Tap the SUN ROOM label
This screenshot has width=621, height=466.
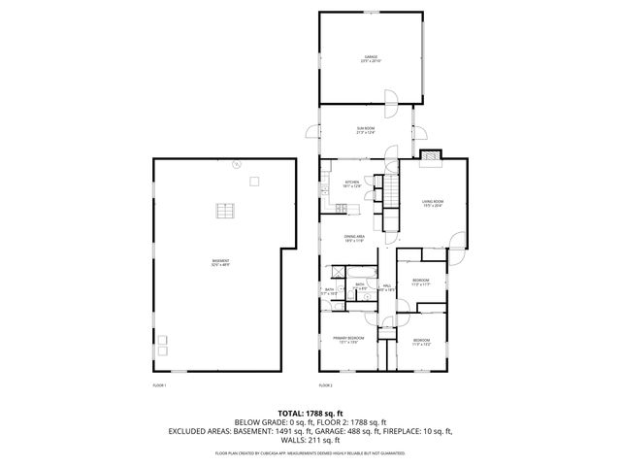[365, 130]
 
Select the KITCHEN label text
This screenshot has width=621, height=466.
[352, 183]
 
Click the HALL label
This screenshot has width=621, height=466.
[386, 286]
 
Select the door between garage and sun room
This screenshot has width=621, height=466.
[388, 99]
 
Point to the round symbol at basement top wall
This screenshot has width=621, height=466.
[235, 166]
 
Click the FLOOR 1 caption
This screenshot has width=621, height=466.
[160, 385]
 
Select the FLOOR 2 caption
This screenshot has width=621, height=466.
[326, 385]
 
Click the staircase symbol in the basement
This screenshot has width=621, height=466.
[225, 211]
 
